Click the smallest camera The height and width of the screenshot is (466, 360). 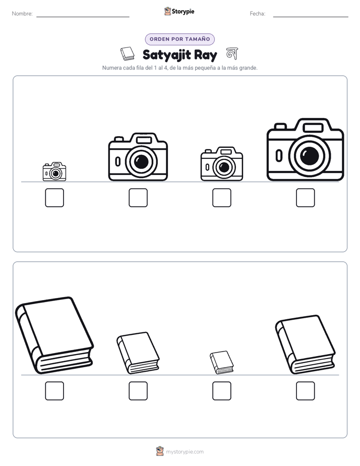(54, 171)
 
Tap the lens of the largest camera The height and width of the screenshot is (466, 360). (309, 155)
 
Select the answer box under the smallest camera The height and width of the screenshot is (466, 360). (54, 198)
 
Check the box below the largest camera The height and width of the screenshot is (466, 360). (306, 198)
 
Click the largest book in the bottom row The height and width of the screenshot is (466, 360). (54, 335)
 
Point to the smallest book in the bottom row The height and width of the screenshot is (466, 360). (221, 362)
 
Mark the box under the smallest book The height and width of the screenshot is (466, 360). (221, 391)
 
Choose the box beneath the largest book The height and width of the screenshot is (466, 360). (54, 391)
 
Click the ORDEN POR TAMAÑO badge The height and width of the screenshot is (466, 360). (179, 39)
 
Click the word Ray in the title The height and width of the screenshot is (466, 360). (206, 55)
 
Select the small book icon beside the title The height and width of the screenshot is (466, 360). (128, 53)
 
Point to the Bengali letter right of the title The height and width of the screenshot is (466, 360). (232, 53)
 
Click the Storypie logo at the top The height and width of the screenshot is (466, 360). (179, 11)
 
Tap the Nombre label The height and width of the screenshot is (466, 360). (22, 14)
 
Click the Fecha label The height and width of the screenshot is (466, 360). (258, 14)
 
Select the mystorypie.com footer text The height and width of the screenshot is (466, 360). (185, 452)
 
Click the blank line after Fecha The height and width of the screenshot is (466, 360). (311, 17)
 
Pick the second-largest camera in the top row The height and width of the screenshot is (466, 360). (138, 157)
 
